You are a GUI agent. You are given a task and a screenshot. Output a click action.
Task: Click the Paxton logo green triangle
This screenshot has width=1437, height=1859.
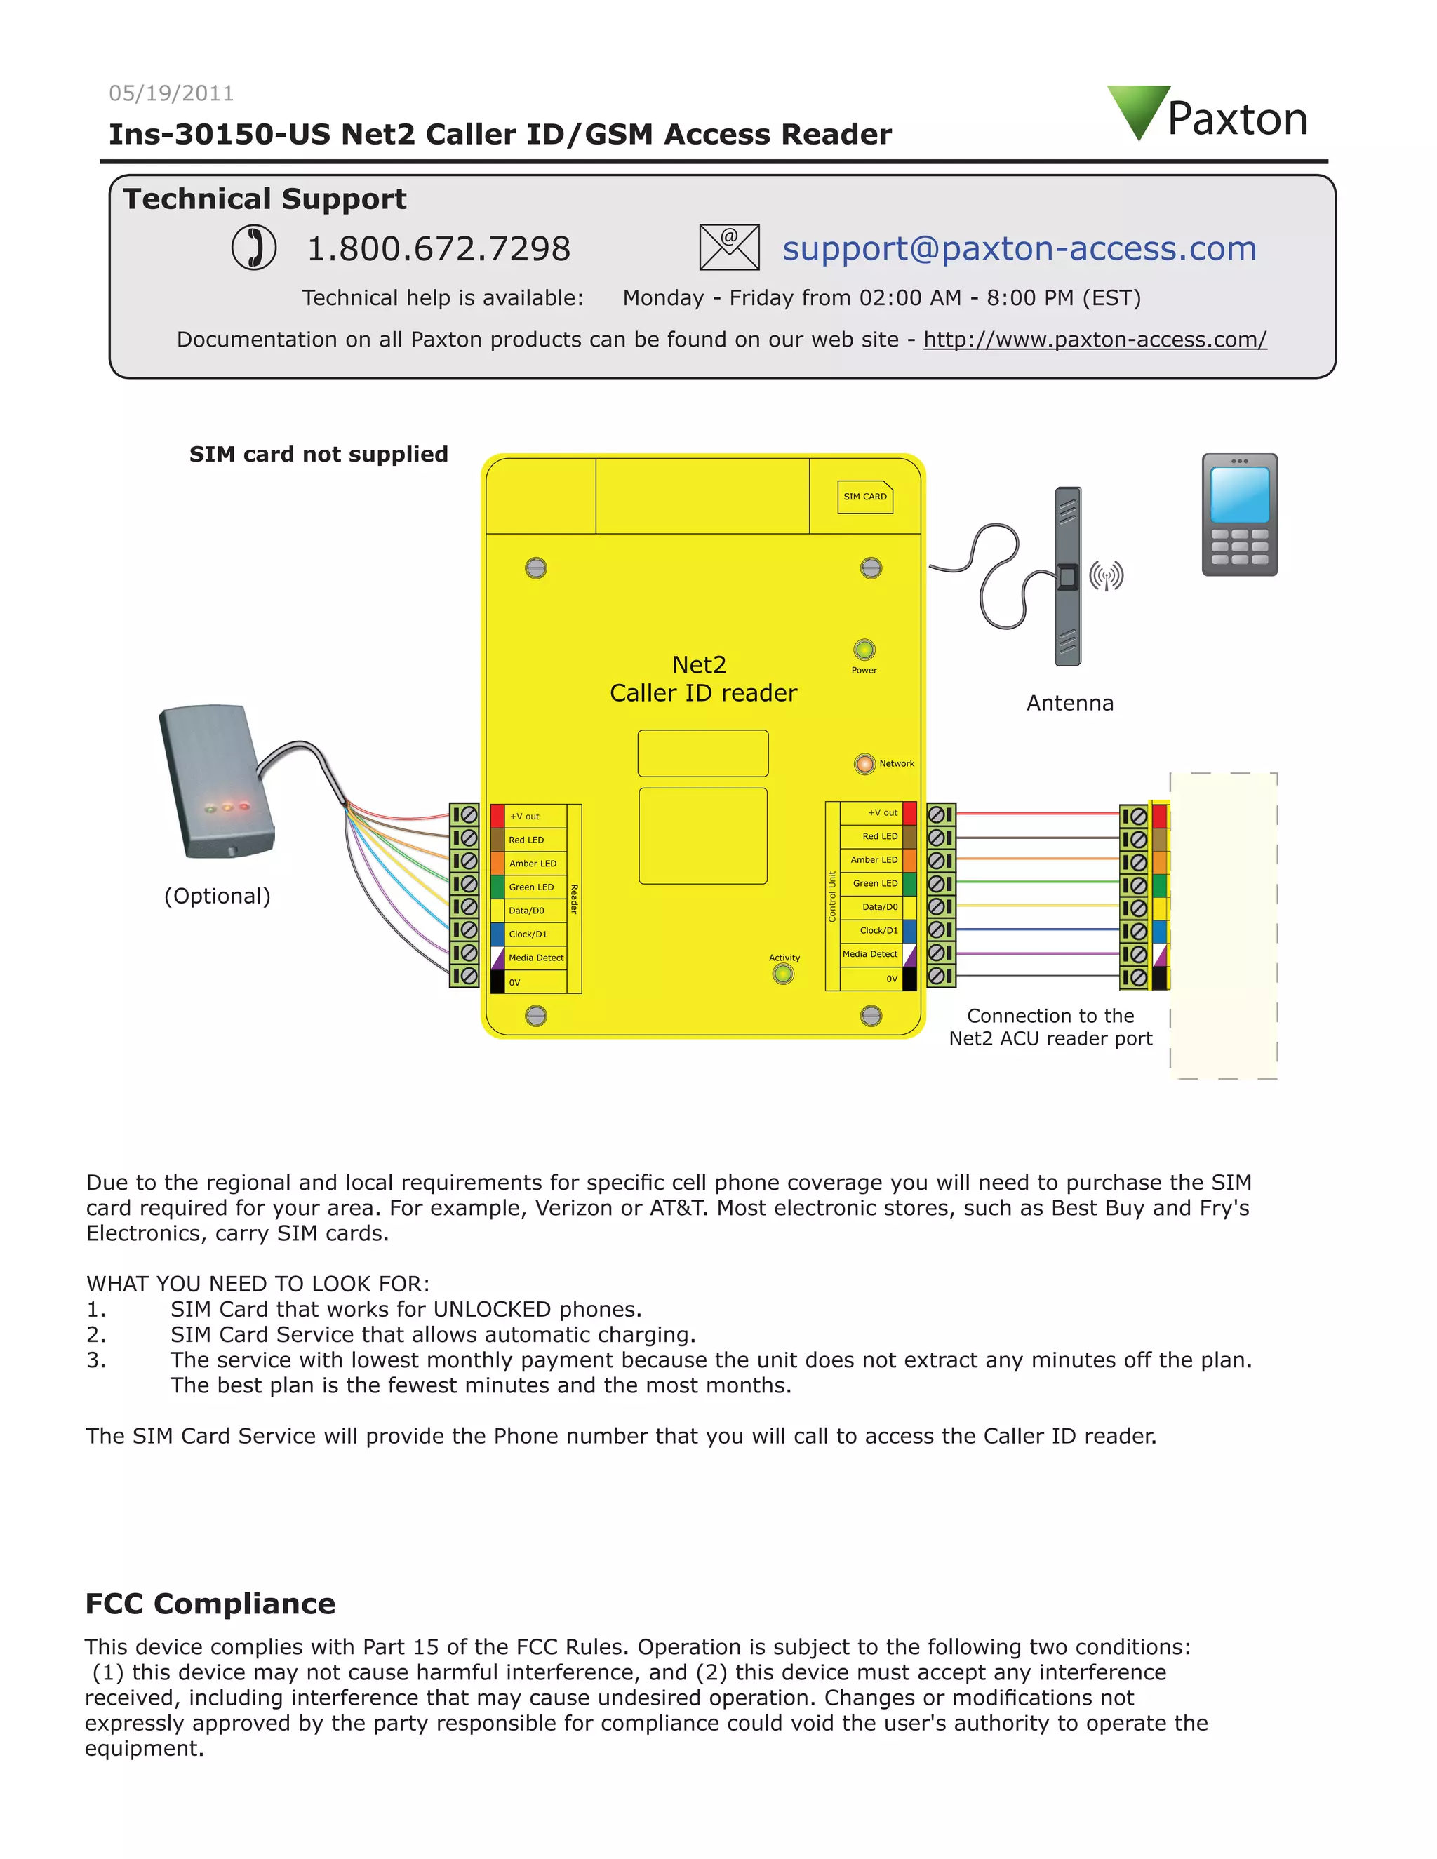click(1138, 109)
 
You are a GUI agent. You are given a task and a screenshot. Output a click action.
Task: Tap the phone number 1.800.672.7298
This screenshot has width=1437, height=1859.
click(439, 248)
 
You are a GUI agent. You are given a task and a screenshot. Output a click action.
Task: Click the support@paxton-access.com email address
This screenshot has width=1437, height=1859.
click(1019, 248)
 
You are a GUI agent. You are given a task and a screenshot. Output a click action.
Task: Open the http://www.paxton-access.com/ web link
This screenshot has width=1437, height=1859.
click(1095, 340)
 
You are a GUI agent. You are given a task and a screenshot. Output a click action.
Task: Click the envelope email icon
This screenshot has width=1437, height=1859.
click(729, 248)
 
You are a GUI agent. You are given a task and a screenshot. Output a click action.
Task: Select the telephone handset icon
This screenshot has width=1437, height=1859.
click(254, 248)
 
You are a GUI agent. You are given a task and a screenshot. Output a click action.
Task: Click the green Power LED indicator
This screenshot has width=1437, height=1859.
click(864, 650)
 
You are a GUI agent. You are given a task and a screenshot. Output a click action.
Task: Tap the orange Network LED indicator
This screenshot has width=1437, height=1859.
click(864, 763)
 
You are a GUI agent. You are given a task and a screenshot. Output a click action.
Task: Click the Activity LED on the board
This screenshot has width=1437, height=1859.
click(783, 973)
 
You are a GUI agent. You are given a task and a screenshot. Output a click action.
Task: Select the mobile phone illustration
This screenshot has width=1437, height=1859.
click(1240, 514)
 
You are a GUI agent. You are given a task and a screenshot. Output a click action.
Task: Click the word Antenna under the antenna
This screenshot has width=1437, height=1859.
click(1069, 703)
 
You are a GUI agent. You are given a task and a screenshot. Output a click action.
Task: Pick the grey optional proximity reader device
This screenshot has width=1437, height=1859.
click(217, 781)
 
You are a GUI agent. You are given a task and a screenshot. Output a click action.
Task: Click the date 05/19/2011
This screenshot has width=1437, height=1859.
click(171, 93)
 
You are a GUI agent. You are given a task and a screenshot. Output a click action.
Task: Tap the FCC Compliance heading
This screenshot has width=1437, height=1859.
click(210, 1604)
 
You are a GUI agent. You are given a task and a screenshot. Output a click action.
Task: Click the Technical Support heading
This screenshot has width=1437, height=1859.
click(265, 199)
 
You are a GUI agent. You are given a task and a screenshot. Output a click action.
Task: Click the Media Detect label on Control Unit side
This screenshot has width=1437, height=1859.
click(870, 954)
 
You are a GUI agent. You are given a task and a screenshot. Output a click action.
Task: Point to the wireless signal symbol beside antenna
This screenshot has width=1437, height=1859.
click(1106, 576)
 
